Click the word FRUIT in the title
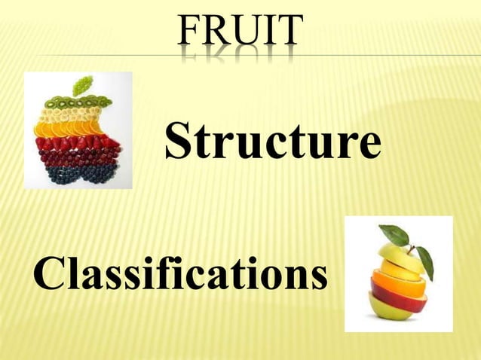[239, 32]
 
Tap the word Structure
[272, 142]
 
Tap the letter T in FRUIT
[289, 32]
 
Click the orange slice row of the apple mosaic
[72, 128]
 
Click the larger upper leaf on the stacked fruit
[394, 234]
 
